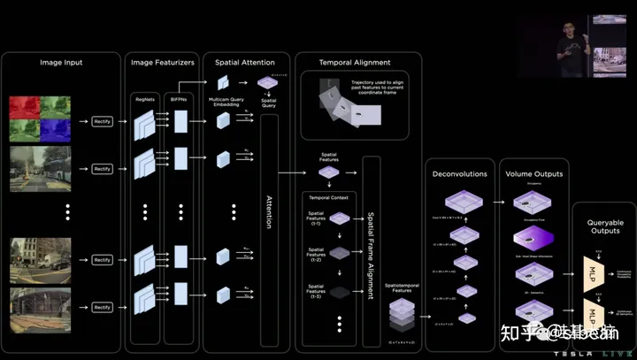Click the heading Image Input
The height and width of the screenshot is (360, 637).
62,63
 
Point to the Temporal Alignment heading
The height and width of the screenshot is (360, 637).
354,63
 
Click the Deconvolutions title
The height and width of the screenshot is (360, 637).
460,173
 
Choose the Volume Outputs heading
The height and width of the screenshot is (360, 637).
533,173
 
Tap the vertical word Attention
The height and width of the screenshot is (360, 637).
269,212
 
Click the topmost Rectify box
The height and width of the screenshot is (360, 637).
103,120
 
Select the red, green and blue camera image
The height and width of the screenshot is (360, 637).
39,119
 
